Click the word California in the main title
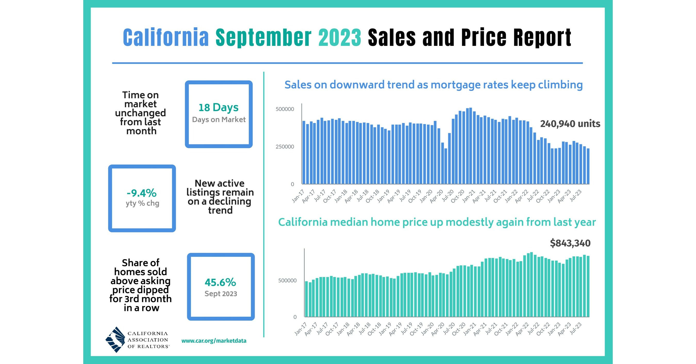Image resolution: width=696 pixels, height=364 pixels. coord(166,38)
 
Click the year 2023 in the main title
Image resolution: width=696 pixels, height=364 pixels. coord(340,38)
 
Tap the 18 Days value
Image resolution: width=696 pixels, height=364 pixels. coord(218,107)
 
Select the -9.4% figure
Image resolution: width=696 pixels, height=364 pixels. coord(142,193)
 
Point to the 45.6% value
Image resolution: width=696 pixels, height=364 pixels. coord(220,282)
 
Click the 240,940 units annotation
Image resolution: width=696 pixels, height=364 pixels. coord(570,124)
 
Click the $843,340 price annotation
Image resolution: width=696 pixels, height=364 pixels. coord(570,243)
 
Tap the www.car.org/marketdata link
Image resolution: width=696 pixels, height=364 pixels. coord(214,341)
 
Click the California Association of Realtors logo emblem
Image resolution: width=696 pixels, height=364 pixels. coord(115,340)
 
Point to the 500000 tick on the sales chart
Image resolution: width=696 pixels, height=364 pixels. coord(285,109)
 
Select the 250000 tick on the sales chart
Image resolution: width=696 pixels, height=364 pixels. coord(285,147)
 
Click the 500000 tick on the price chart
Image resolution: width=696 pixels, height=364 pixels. coord(287,281)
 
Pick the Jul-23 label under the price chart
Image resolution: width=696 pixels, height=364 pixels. coord(576,329)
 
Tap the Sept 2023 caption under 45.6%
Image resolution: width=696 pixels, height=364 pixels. coord(221,294)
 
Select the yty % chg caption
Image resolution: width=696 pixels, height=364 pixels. coord(142,203)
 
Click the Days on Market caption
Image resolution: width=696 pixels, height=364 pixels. coord(219,120)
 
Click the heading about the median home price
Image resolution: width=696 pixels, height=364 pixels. coord(437,222)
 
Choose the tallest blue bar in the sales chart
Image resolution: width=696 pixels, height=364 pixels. coord(470,146)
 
